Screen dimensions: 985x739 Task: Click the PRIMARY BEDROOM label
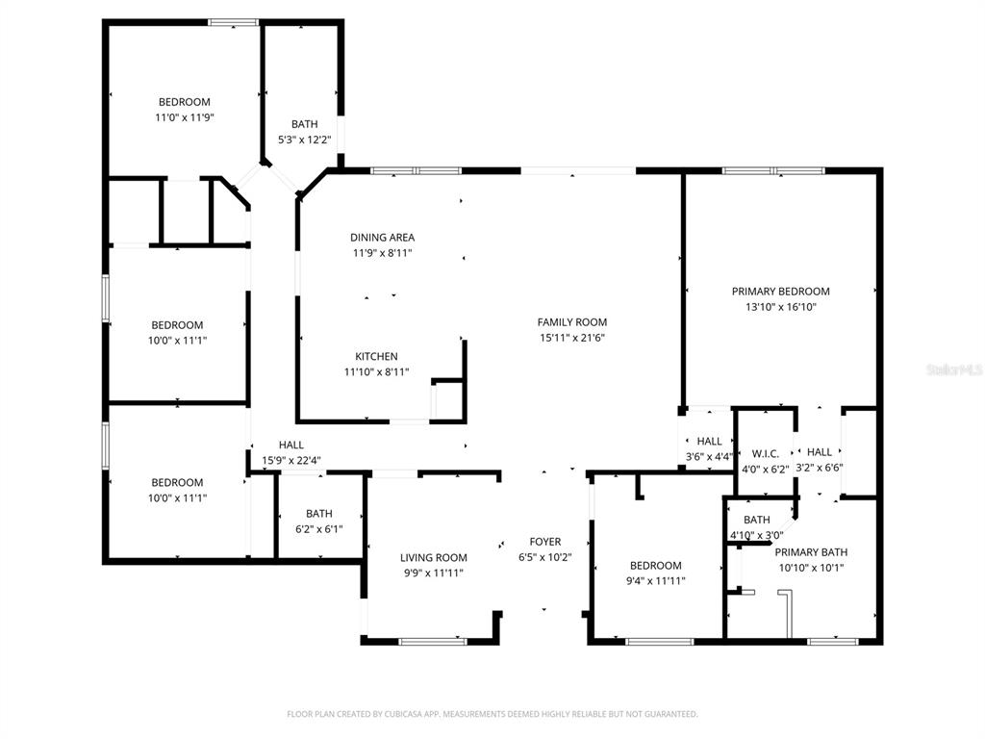click(780, 291)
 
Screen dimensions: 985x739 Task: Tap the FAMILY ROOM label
click(571, 322)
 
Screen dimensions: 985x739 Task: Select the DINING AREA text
click(382, 238)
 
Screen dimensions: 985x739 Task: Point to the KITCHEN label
click(376, 356)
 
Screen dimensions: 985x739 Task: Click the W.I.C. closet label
click(765, 454)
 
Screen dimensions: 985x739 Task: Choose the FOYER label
click(545, 542)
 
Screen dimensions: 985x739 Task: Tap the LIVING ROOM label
click(434, 557)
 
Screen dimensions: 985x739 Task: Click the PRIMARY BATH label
click(811, 552)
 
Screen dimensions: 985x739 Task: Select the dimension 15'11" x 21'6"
click(571, 338)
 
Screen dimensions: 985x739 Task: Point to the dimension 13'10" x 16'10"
click(780, 307)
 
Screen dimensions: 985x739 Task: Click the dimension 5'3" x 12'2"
click(305, 140)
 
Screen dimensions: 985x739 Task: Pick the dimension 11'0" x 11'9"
click(185, 117)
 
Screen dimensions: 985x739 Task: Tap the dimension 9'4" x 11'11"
click(656, 581)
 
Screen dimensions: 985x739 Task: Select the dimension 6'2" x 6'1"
click(319, 529)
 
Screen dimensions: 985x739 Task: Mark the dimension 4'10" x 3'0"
click(756, 535)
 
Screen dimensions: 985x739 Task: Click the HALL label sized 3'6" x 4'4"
click(709, 441)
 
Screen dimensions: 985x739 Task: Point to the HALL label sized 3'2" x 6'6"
click(820, 452)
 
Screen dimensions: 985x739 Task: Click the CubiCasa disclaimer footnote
click(492, 714)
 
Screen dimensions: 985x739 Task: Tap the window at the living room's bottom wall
click(433, 642)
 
